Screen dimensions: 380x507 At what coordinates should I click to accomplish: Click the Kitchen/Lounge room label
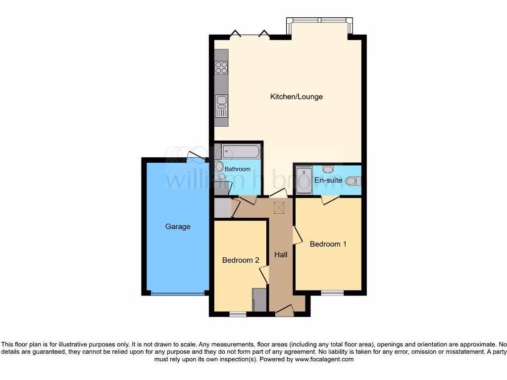[296, 96]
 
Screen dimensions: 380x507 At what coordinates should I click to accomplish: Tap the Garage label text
[178, 227]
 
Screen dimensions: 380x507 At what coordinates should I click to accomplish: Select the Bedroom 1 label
[328, 244]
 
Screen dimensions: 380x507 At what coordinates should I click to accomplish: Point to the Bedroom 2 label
[241, 260]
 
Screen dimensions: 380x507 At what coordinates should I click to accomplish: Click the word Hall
[281, 254]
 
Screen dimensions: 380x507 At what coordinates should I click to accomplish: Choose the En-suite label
[328, 180]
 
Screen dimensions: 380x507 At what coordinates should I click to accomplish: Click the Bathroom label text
[238, 169]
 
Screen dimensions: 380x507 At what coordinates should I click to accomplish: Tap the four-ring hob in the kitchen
[221, 67]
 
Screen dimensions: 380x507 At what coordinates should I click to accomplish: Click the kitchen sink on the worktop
[221, 102]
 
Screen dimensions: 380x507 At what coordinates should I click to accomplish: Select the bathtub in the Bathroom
[240, 151]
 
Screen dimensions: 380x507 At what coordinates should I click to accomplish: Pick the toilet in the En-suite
[352, 181]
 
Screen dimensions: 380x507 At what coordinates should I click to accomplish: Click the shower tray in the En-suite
[304, 180]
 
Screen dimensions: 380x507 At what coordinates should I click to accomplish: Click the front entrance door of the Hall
[285, 311]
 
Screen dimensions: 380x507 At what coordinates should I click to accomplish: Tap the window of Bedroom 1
[332, 292]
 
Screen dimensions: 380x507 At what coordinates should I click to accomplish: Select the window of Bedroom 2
[238, 314]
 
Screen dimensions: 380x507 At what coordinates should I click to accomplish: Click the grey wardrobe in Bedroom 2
[259, 300]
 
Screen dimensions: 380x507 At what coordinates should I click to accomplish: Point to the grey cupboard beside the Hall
[223, 208]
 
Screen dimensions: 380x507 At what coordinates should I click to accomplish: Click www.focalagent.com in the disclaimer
[324, 360]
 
